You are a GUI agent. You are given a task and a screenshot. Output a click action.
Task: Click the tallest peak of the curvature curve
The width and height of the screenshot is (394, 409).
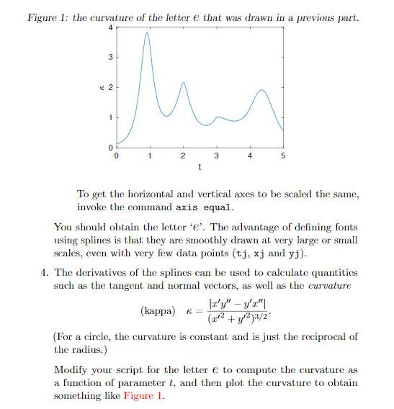click(148, 32)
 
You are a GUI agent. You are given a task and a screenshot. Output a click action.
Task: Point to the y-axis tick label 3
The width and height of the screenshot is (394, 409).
click(109, 56)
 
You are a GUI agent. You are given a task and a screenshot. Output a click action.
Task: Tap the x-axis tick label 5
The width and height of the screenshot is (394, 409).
click(283, 156)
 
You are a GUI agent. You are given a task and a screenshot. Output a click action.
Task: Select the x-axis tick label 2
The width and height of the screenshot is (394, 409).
click(183, 156)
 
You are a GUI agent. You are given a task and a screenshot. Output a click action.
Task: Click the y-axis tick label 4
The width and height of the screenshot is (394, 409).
click(109, 27)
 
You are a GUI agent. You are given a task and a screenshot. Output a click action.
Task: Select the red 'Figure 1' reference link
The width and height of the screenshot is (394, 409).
click(143, 395)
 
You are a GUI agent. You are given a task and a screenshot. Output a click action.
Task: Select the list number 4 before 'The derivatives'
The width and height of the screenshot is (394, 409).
click(44, 272)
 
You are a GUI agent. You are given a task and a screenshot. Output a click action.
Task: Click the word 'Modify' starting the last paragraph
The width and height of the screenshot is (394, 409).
click(71, 369)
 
